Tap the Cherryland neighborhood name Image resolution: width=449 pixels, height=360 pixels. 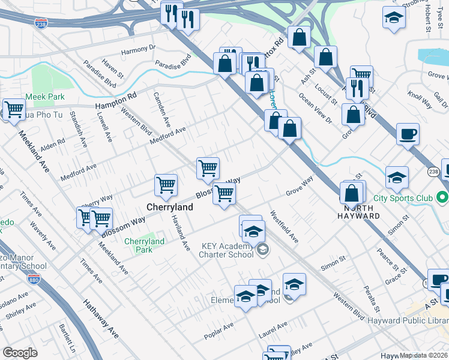click(170, 207)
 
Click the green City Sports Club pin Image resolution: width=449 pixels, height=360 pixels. click(442, 197)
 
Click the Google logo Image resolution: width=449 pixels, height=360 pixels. click(20, 353)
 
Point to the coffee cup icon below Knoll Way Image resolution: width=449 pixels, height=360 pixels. click(408, 134)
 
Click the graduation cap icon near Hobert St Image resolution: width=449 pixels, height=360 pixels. click(394, 19)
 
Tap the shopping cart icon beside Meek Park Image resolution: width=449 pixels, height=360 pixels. click(13, 110)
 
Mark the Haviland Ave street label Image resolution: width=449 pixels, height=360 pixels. click(181, 233)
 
